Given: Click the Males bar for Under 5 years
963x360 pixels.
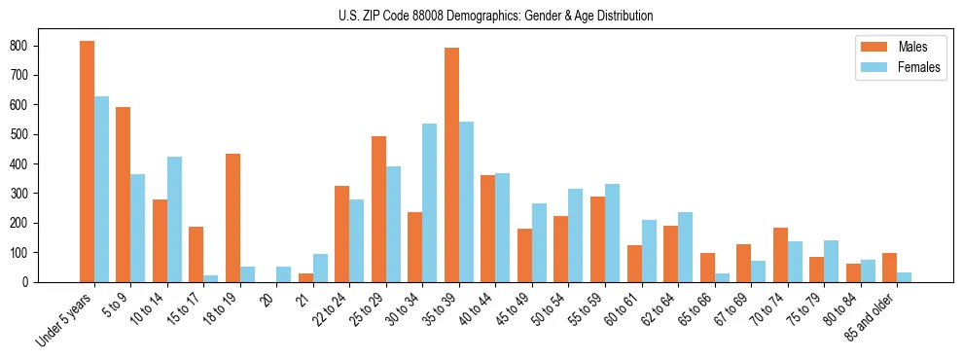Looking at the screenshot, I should point(87,162).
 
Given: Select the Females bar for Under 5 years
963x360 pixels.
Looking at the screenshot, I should point(101,189).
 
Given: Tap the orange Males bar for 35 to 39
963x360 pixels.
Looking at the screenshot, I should point(451,164).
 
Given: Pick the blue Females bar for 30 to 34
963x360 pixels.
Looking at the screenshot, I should point(430,202).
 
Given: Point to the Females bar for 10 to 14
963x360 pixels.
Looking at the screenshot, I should point(174,219).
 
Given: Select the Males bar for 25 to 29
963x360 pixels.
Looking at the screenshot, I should point(378,209).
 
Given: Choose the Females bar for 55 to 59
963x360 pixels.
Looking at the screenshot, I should point(612,233).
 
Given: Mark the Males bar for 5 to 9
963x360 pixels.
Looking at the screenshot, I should point(123,195).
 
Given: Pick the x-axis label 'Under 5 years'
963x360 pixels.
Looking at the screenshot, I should point(65,317).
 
